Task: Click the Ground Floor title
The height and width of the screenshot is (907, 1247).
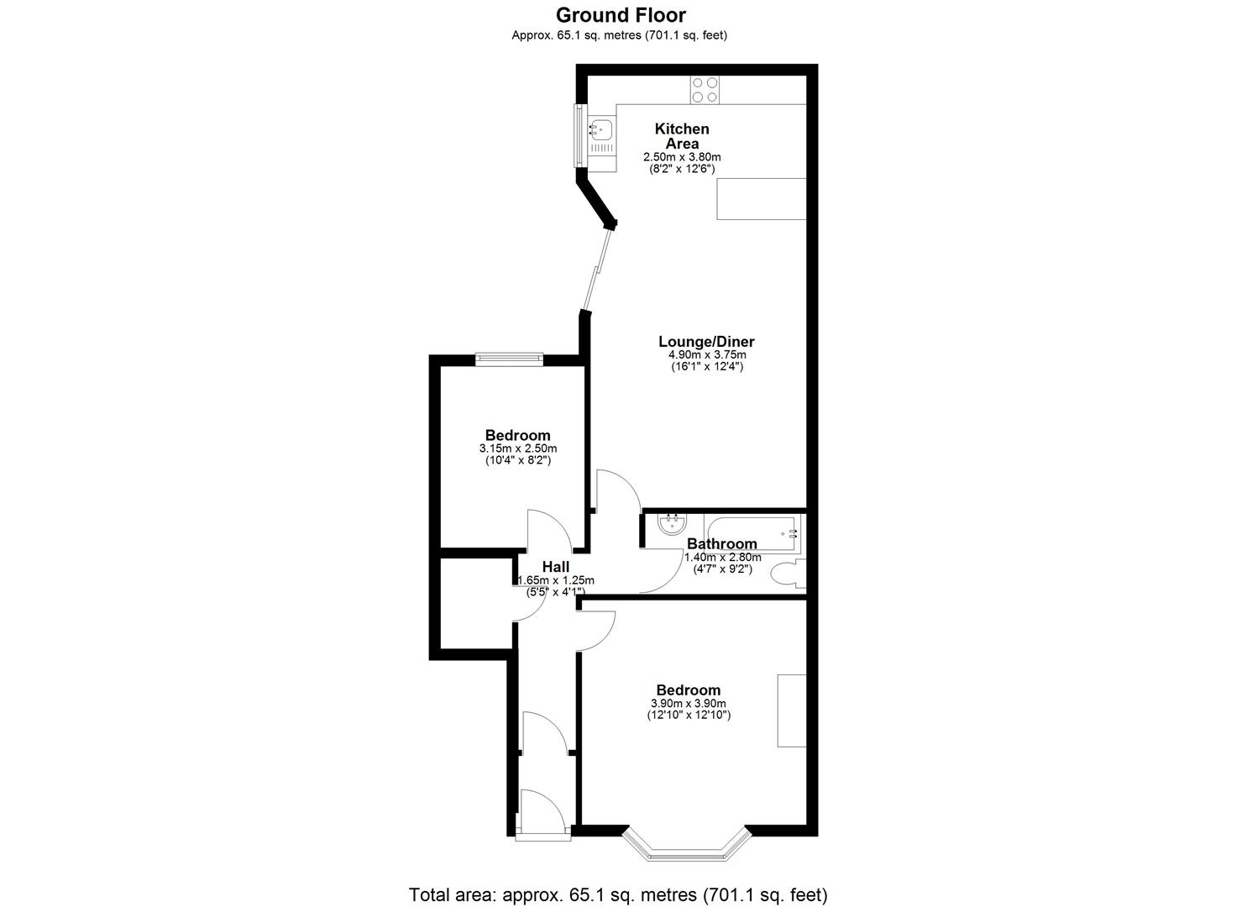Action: click(x=621, y=15)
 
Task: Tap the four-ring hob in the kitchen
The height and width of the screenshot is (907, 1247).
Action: click(x=704, y=90)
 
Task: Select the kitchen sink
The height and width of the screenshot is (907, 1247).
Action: click(x=601, y=130)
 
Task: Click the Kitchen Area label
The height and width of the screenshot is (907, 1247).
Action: click(x=682, y=136)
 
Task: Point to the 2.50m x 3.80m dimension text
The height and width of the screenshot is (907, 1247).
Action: click(x=682, y=157)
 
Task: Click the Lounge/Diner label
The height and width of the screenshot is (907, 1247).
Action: click(x=706, y=342)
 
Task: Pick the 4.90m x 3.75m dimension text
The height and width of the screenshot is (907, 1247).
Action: click(x=706, y=355)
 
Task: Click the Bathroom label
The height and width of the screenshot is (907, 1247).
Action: click(x=722, y=544)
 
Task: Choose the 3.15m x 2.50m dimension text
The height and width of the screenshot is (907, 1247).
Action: click(x=518, y=448)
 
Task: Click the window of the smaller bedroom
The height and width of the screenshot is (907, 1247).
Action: click(x=509, y=359)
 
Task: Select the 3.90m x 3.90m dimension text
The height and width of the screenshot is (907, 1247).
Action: click(x=689, y=704)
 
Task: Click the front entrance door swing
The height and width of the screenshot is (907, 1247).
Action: click(x=538, y=810)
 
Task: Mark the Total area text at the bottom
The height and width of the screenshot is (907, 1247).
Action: click(x=618, y=894)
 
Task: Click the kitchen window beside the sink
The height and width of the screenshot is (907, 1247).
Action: click(x=578, y=135)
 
